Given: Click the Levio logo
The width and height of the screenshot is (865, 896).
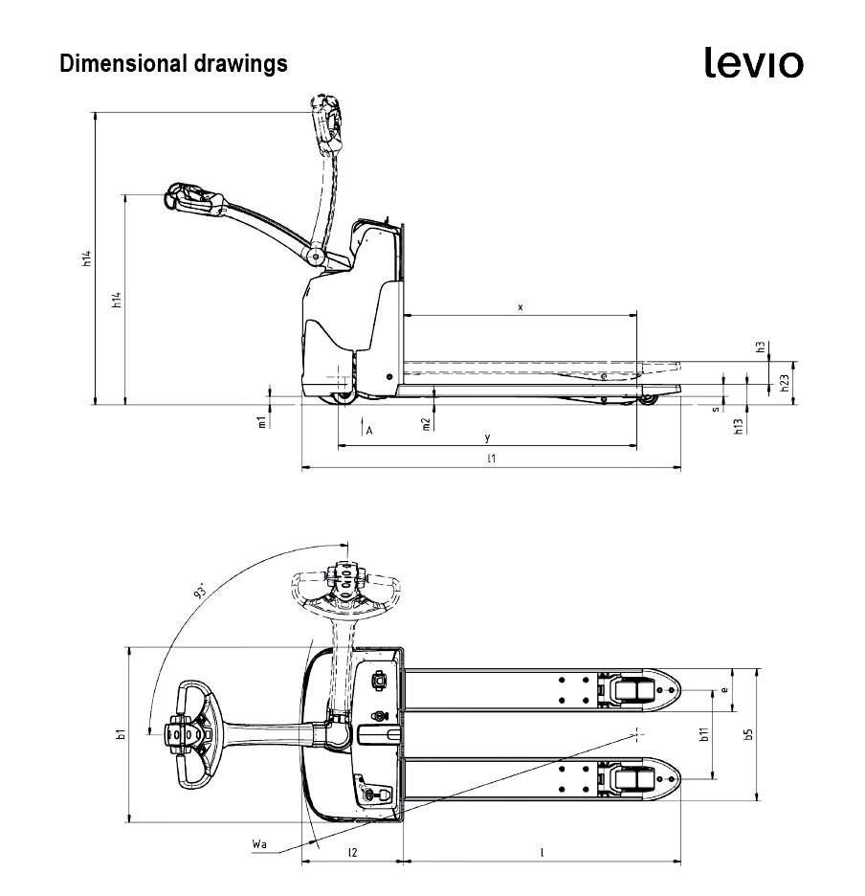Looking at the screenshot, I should click(x=754, y=62).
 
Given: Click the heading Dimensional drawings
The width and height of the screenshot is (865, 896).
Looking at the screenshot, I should click(x=173, y=64).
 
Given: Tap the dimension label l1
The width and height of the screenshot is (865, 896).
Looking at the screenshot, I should click(x=491, y=459).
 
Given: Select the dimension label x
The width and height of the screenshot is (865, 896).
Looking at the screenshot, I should click(x=520, y=307).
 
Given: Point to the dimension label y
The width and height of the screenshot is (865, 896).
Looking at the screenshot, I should click(x=487, y=437).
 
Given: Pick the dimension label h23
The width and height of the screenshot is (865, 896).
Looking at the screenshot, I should click(x=784, y=383).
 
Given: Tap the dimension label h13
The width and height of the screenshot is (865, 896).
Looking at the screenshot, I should click(x=738, y=426).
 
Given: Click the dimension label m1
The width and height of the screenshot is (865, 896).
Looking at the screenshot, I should click(x=261, y=422).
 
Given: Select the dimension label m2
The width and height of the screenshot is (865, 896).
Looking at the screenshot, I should click(x=426, y=423).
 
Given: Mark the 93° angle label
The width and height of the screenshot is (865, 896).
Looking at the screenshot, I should click(x=201, y=591).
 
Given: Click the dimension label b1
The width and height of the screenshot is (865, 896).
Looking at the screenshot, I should click(x=120, y=734).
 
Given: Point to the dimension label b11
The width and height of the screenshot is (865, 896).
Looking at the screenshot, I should click(x=703, y=734).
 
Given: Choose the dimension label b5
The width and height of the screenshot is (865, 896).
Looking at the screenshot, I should click(x=748, y=734).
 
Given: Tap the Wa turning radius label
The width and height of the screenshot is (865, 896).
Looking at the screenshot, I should click(x=258, y=843).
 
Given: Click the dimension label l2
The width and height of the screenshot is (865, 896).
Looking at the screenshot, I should click(x=352, y=851).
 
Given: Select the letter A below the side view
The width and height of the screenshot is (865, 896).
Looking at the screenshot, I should click(x=368, y=432).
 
